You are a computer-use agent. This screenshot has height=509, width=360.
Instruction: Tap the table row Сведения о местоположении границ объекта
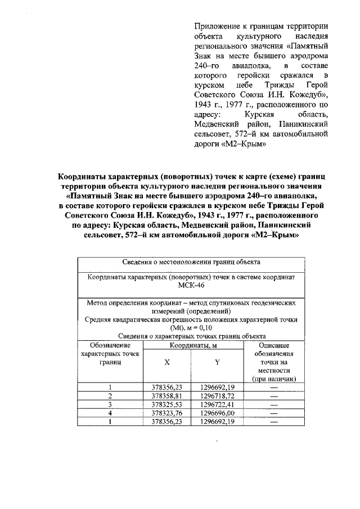(x=191, y=262)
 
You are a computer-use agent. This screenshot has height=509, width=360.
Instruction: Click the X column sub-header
(x=167, y=363)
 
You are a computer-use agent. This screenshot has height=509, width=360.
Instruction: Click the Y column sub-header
(x=217, y=363)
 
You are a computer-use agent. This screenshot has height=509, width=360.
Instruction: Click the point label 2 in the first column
(x=110, y=396)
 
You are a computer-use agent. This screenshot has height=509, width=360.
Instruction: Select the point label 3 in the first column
(x=110, y=404)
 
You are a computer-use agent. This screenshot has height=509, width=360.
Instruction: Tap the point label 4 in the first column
(x=110, y=413)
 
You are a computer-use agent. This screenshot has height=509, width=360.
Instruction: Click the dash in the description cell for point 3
(x=274, y=404)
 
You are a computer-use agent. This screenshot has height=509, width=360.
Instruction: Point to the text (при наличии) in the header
(x=274, y=379)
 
